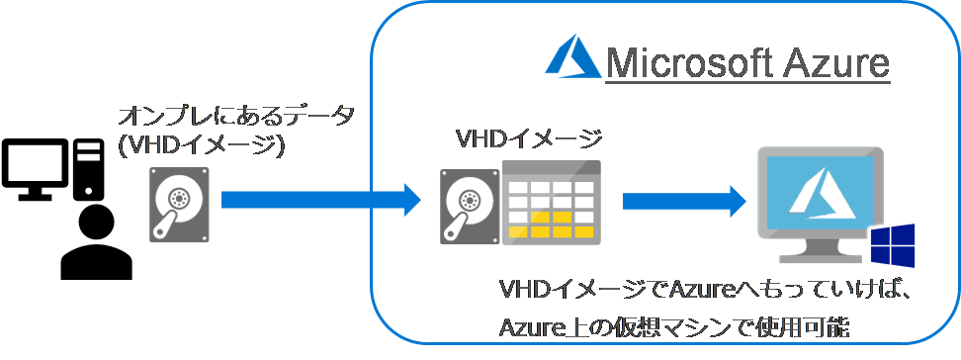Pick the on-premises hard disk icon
point(179,203)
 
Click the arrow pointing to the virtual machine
point(683,202)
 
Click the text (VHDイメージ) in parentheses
point(201,145)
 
